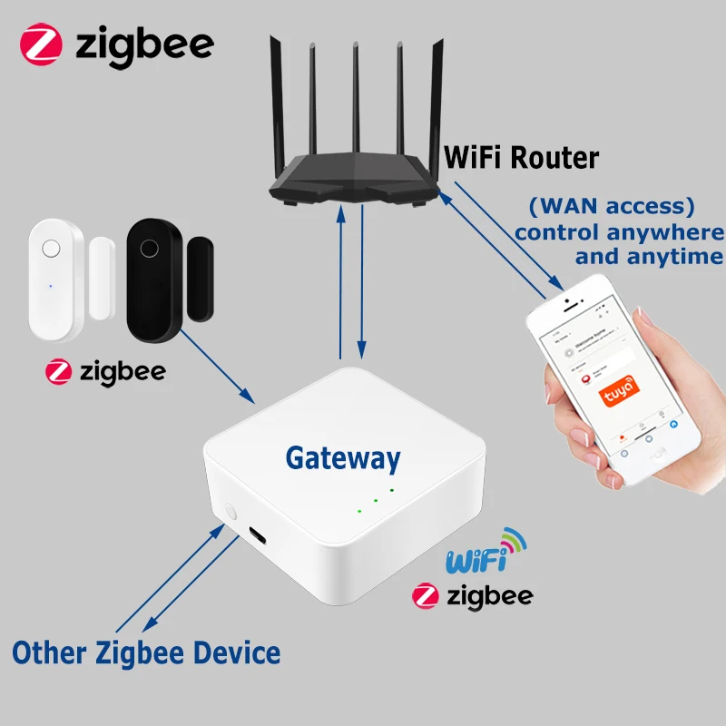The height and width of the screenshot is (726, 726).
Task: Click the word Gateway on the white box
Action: [342, 458]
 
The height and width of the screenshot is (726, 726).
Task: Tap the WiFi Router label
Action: [521, 158]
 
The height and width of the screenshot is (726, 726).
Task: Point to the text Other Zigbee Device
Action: [146, 652]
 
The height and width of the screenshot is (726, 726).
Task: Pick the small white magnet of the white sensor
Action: [100, 277]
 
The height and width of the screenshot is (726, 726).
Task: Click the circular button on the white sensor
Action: [52, 247]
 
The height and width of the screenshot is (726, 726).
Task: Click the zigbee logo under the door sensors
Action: [105, 371]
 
